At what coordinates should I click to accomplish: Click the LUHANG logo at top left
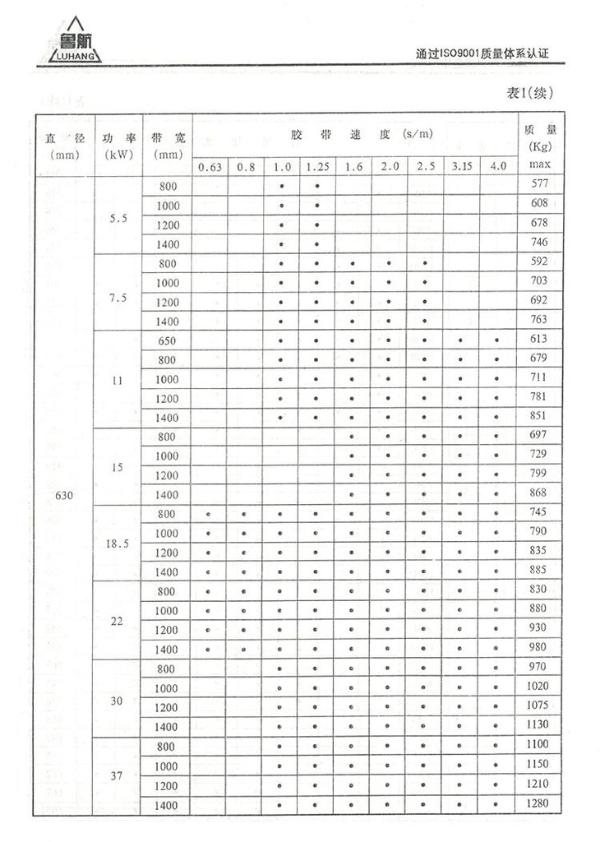click(x=70, y=42)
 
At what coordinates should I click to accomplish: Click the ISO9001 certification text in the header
click(x=482, y=54)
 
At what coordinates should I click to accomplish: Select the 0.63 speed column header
click(x=210, y=167)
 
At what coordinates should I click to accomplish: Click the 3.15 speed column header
click(x=461, y=166)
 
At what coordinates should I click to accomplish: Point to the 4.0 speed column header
click(x=498, y=166)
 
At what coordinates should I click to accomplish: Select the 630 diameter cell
click(x=64, y=495)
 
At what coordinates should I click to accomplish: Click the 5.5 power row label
click(x=118, y=220)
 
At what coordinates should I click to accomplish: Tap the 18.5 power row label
click(x=118, y=543)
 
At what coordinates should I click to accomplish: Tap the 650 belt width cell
click(x=167, y=340)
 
